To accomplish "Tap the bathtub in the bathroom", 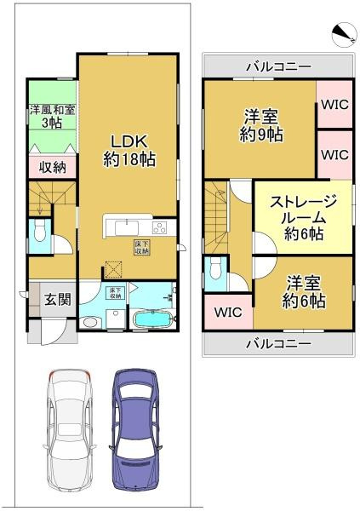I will point(153,322).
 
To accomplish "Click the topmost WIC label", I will point(334,106).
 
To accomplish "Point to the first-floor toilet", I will point(37,232).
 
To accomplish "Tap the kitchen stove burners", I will point(159,227).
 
